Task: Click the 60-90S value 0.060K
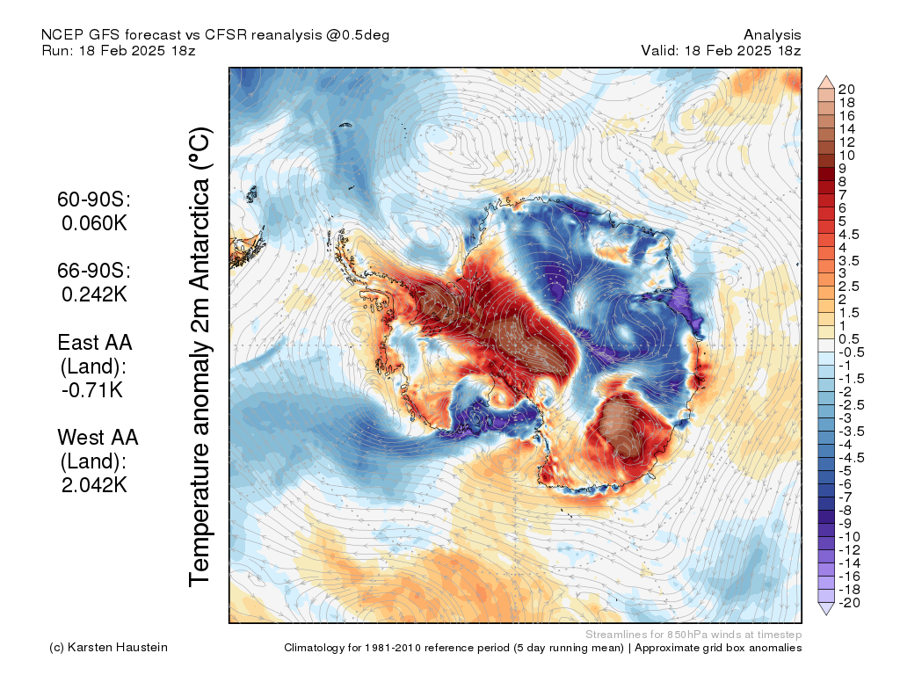[95, 223]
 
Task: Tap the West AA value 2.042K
[95, 484]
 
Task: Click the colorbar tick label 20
[847, 89]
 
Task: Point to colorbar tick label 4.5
[849, 234]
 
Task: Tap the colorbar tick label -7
[846, 497]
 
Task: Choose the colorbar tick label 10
[847, 155]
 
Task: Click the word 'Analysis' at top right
[772, 34]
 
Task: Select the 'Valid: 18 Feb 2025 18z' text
[721, 50]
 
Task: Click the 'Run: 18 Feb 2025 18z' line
[118, 50]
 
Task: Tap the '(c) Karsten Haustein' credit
[109, 648]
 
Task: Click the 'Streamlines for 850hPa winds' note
[693, 634]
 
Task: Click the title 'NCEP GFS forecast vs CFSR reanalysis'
[215, 34]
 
